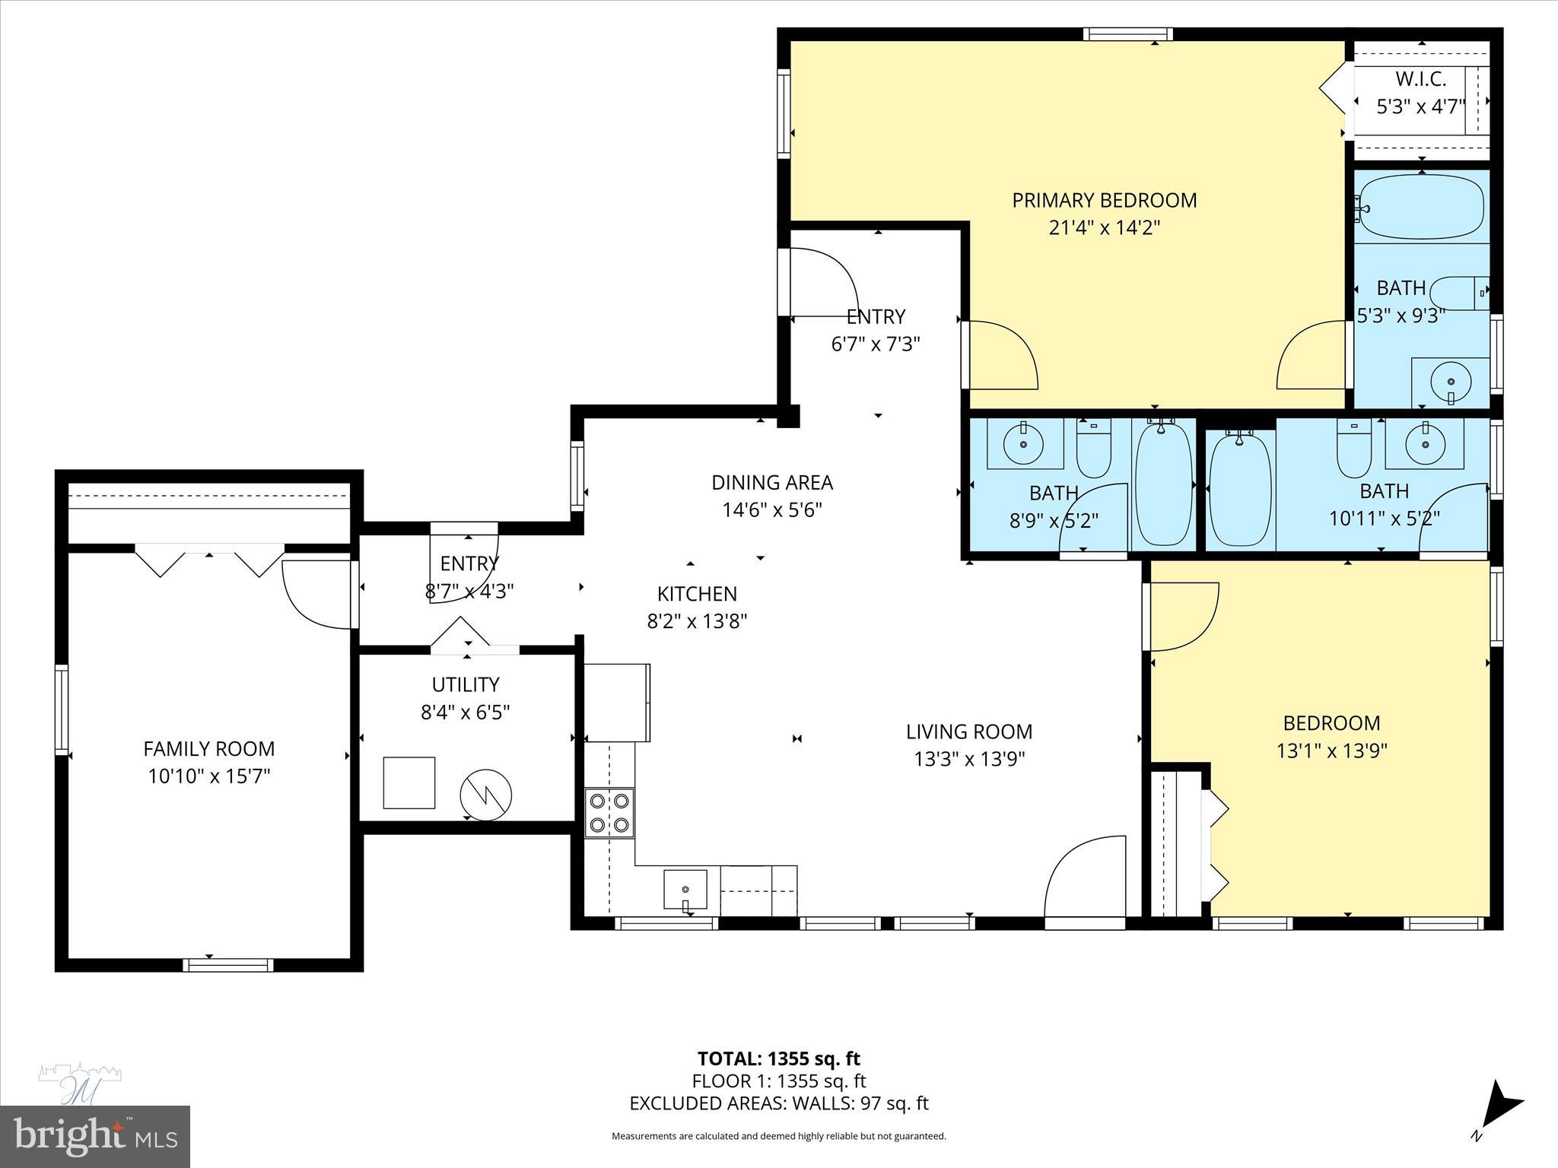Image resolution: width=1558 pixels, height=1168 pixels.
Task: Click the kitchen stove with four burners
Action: pos(609,812)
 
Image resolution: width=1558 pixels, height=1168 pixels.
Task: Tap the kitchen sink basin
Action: pos(685,889)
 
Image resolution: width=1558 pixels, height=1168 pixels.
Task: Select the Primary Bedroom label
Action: pos(1104,200)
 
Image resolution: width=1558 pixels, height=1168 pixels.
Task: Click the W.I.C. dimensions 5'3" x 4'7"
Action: pos(1420,106)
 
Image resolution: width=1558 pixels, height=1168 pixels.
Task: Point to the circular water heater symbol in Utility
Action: pos(486,795)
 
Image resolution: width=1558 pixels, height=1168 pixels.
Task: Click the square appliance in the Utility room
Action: pos(409,782)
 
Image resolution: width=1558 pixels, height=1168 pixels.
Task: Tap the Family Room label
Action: pos(209,748)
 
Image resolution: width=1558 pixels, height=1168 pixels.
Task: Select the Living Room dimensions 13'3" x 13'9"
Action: pos(969,759)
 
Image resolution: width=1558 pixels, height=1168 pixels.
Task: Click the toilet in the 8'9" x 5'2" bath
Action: pos(1094,450)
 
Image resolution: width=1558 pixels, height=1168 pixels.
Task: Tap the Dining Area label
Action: pos(772,482)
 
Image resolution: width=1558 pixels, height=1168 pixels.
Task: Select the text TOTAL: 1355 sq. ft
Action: pos(779,1058)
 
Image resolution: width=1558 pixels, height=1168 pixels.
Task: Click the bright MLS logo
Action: pos(95,1136)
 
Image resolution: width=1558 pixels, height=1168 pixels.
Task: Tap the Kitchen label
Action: pos(697,593)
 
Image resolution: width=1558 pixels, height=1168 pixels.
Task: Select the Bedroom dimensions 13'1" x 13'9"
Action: pos(1331,751)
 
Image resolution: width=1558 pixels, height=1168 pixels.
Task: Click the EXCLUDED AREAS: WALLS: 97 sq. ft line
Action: pos(779,1103)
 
